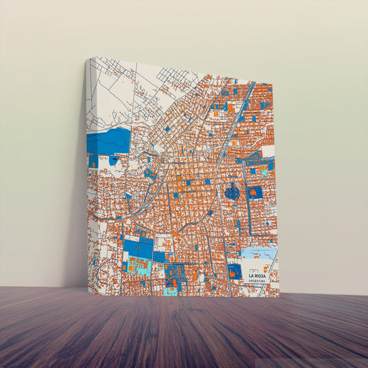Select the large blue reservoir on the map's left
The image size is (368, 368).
pyautogui.click(x=109, y=142)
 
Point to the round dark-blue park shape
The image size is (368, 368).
pyautogui.click(x=232, y=192)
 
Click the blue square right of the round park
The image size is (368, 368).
pyautogui.click(x=255, y=192)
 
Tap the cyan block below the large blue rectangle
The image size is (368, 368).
pyautogui.click(x=137, y=266)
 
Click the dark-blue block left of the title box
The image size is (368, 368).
pyautogui.click(x=235, y=271)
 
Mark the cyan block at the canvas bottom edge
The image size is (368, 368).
pyautogui.click(x=170, y=291)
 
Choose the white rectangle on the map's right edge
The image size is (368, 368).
pyautogui.click(x=268, y=151)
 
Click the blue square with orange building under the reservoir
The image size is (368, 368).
pyautogui.click(x=94, y=161)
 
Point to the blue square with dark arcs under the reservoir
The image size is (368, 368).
pyautogui.click(x=114, y=160)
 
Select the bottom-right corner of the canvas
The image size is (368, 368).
pyautogui.click(x=279, y=296)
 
